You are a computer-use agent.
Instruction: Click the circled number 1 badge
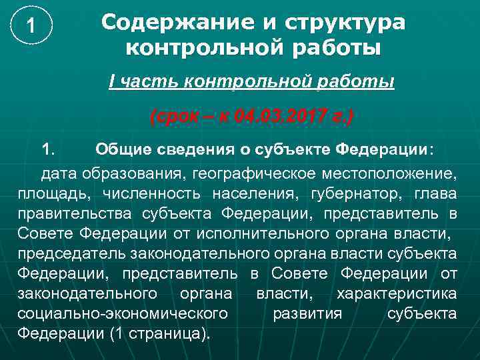click(x=29, y=27)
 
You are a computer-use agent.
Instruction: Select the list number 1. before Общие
click(x=52, y=147)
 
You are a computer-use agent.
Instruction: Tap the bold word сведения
click(x=195, y=147)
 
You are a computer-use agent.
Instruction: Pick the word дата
click(x=60, y=175)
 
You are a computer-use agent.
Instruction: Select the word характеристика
click(x=397, y=294)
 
